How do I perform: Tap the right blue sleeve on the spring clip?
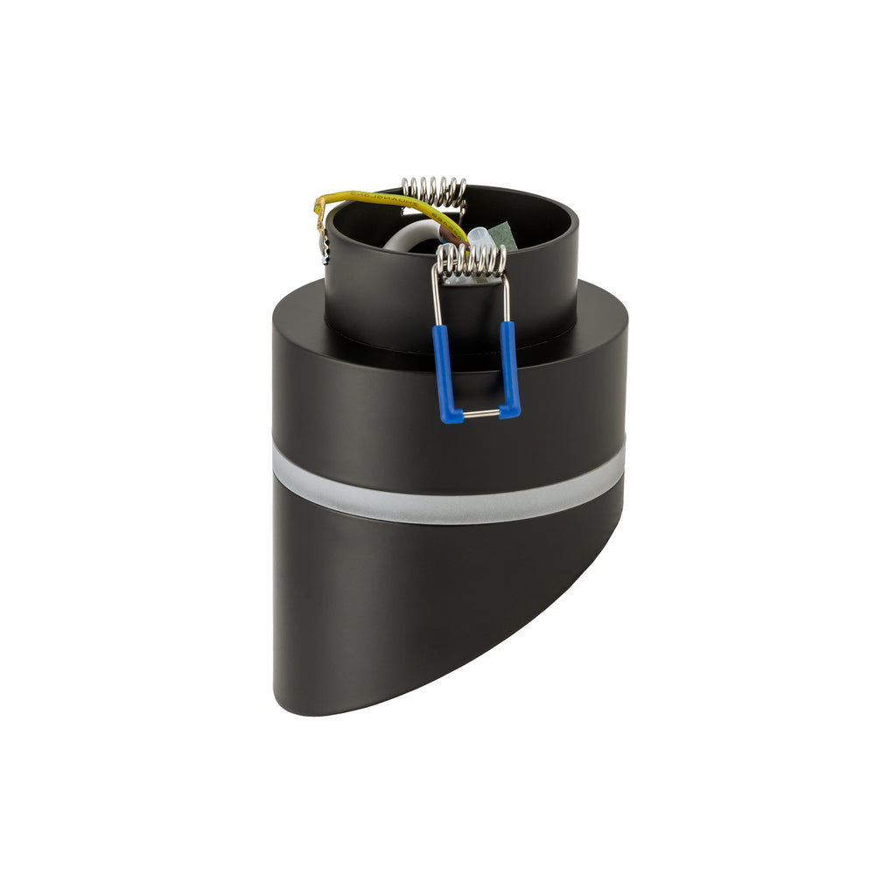point(508,367)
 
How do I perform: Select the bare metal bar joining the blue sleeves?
point(480,414)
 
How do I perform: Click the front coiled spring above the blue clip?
point(472,262)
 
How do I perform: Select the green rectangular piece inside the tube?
point(501,234)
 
